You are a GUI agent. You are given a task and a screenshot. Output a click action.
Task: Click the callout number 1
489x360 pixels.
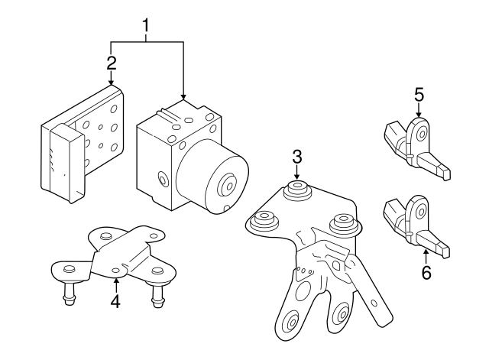[x=146, y=28]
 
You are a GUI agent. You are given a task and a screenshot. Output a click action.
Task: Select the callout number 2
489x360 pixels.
[x=112, y=61]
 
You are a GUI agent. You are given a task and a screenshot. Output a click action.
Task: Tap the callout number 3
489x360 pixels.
[x=297, y=157]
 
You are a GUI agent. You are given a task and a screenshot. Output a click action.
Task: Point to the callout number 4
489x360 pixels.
[x=115, y=301]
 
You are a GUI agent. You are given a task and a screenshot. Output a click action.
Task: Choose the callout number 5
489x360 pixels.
[x=419, y=95]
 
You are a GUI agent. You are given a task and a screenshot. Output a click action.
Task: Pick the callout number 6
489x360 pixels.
[x=426, y=271]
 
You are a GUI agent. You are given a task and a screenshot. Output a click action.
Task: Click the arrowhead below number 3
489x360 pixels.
[x=297, y=178]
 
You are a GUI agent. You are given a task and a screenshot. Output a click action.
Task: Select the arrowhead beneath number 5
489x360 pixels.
[x=419, y=115]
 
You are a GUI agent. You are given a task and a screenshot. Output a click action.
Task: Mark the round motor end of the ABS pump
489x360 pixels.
[x=226, y=184]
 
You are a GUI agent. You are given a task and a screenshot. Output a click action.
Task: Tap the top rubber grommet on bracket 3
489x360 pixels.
[x=297, y=191]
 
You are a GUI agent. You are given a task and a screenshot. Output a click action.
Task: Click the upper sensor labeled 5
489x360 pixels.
[x=416, y=145]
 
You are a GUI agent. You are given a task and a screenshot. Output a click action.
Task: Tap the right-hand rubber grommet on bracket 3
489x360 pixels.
[x=342, y=225]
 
